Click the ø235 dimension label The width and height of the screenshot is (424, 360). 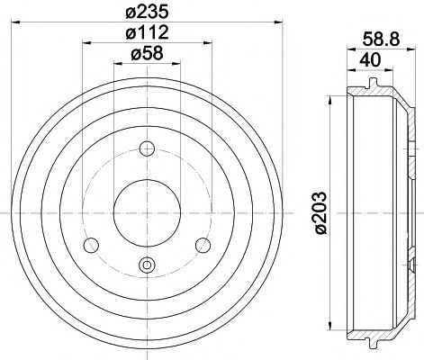pyautogui.click(x=148, y=12)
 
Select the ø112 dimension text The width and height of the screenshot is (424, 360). pyautogui.click(x=148, y=34)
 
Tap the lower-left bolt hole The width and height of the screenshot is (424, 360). pyautogui.click(x=89, y=245)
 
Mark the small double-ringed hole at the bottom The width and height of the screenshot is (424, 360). pyautogui.click(x=148, y=264)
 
